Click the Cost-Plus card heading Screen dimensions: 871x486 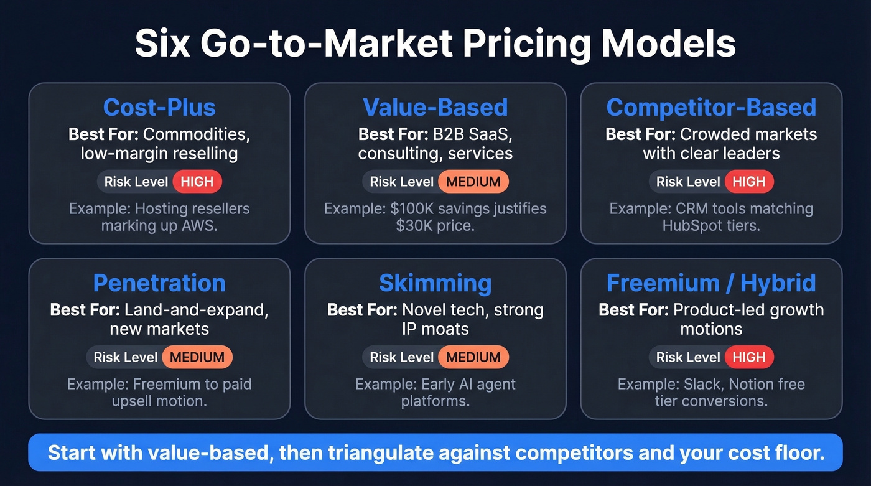(159, 108)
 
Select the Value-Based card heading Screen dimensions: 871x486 (435, 108)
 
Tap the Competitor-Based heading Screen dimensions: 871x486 (711, 108)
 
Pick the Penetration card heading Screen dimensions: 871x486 (159, 283)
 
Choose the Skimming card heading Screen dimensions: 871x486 (435, 283)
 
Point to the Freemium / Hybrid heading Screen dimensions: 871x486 (711, 283)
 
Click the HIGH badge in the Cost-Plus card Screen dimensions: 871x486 (197, 182)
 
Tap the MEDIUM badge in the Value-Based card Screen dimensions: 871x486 (473, 182)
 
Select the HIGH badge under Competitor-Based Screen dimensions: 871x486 (748, 182)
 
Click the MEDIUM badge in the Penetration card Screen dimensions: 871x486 (197, 357)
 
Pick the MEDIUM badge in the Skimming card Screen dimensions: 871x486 (473, 357)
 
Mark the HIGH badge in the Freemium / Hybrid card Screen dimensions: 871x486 (748, 357)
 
